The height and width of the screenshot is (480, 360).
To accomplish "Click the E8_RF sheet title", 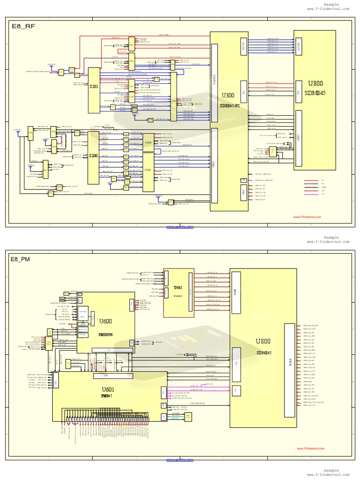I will pyautogui.click(x=22, y=27).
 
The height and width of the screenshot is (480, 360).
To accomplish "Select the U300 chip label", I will pyautogui.click(x=228, y=95).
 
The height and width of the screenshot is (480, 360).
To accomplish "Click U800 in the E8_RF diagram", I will pyautogui.click(x=315, y=83).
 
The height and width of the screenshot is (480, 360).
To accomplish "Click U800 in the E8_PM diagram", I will pyautogui.click(x=263, y=342).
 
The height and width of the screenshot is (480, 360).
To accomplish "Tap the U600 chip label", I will pyautogui.click(x=105, y=322).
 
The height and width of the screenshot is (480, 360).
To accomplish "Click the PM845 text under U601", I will pyautogui.click(x=106, y=396).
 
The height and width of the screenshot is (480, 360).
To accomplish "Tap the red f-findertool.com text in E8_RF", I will pyautogui.click(x=307, y=217).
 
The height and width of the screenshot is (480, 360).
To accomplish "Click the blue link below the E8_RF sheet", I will pyautogui.click(x=180, y=227).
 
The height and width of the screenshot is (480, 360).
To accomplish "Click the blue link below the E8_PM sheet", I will pyautogui.click(x=180, y=460).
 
